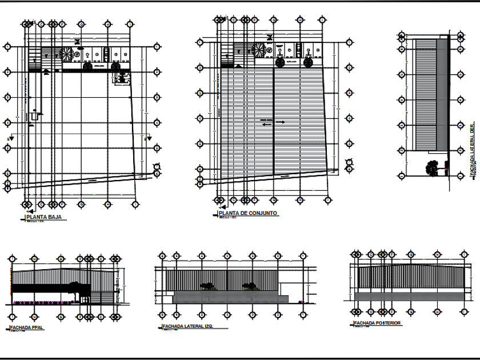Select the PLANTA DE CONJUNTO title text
coord(251,213)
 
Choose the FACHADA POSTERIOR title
coord(377,323)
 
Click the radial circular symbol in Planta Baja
coord(66,53)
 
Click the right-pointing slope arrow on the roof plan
coord(282,122)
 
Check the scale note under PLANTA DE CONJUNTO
coord(229,218)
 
